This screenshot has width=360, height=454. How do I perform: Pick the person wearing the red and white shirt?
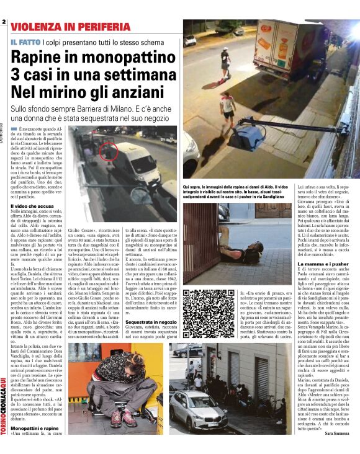click(228, 105)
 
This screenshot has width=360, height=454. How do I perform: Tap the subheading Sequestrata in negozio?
click(151, 323)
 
